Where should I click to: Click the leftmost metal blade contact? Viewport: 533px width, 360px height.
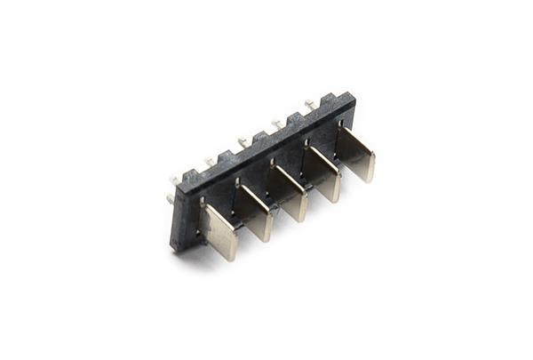tap(219, 232)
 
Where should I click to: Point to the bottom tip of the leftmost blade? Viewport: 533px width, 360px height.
tap(227, 256)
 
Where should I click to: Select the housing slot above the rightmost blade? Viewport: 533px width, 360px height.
tap(341, 124)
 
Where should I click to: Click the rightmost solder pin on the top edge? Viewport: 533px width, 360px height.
tap(310, 104)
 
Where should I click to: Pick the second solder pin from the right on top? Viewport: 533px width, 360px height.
tap(277, 123)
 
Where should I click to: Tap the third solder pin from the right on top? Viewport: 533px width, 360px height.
tap(243, 140)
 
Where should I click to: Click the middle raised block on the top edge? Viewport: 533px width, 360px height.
tap(259, 137)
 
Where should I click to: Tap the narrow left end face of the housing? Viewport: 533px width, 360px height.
tap(177, 213)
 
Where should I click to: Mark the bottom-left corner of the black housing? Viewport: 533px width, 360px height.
tap(173, 248)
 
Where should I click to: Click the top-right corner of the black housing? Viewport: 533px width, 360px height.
tap(354, 97)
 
